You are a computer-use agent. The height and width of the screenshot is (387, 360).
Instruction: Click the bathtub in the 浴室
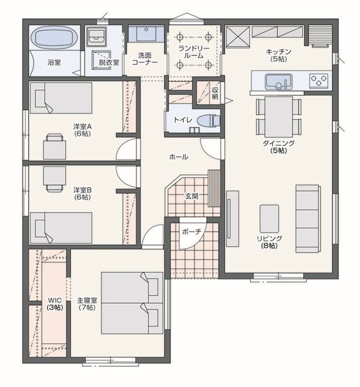[55, 38]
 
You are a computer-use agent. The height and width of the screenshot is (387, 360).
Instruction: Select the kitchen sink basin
[279, 82]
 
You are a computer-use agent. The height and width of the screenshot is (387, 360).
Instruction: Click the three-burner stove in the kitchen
[319, 81]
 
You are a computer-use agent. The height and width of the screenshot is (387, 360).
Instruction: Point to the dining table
[279, 117]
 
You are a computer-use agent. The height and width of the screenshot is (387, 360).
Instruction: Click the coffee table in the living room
[270, 219]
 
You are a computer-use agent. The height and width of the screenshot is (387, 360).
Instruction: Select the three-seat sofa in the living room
[308, 219]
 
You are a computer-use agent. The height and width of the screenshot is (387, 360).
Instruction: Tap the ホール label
[179, 157]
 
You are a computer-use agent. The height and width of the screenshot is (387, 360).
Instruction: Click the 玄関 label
[191, 196]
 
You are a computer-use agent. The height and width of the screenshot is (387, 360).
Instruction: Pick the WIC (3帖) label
[55, 304]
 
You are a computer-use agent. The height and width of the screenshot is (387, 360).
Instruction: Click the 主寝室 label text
[87, 300]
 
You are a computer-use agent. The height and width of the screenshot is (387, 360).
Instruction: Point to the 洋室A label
[82, 127]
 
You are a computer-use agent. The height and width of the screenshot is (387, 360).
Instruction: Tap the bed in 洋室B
[61, 228]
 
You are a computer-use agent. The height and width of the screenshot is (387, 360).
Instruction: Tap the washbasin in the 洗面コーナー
[146, 33]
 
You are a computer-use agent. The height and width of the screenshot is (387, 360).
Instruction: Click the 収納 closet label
[215, 93]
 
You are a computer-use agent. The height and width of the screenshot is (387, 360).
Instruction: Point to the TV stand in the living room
[232, 219]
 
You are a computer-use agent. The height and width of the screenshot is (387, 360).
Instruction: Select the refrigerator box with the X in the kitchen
[238, 37]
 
